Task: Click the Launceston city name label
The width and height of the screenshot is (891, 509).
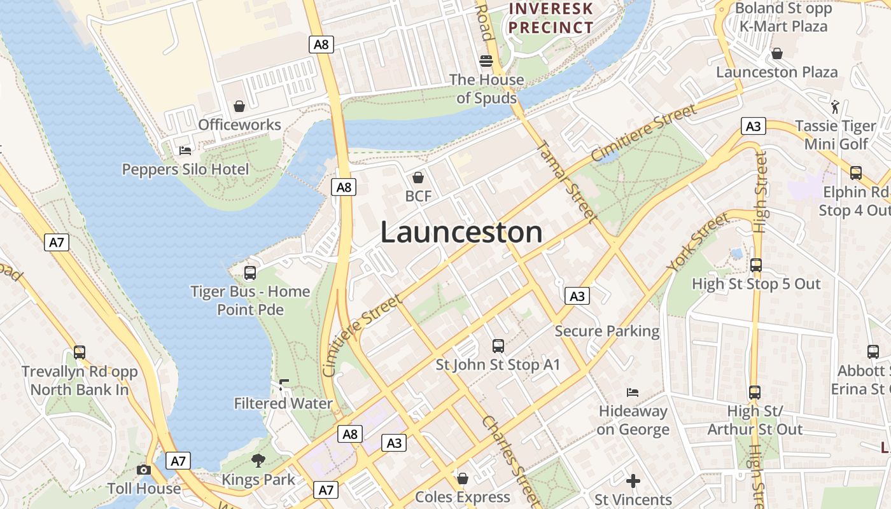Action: [x=461, y=232]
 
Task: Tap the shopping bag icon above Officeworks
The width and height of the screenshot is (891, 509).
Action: [x=239, y=106]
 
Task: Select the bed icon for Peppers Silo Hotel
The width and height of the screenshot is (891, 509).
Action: [x=185, y=151]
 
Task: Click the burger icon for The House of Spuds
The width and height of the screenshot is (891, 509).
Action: [x=487, y=61]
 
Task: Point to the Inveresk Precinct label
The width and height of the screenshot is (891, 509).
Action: [x=551, y=18]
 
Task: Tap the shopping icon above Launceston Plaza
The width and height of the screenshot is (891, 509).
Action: [x=776, y=53]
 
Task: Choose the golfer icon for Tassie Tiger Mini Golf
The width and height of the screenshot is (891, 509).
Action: [x=836, y=107]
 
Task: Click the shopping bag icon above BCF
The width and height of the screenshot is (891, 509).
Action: [x=418, y=178]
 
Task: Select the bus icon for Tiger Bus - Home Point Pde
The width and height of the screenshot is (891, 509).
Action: [x=250, y=273]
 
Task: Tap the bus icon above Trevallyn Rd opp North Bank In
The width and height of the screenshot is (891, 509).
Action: [x=80, y=352]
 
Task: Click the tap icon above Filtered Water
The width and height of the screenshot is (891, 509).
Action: [x=284, y=385]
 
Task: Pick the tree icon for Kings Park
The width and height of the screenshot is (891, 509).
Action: [x=258, y=461]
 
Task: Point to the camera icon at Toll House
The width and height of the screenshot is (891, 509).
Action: [x=144, y=470]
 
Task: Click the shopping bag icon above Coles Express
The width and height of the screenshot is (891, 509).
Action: [x=463, y=478]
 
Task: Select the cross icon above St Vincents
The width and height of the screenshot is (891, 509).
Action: [x=633, y=481]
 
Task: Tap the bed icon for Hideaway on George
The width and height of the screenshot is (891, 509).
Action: [x=633, y=392]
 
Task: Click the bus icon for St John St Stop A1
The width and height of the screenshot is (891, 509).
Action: [x=498, y=346]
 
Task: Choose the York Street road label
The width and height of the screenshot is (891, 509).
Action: [x=698, y=242]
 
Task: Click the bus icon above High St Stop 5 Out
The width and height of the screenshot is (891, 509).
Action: [x=756, y=265]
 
